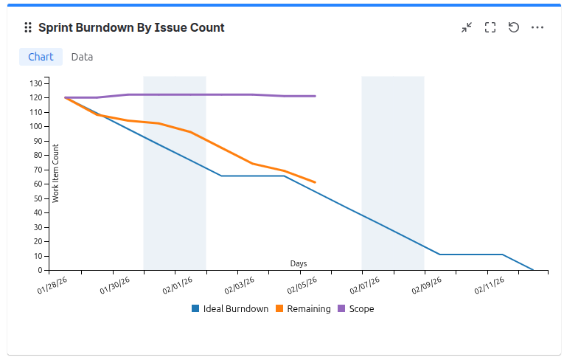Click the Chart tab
[x=41, y=57]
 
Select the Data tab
[x=82, y=57]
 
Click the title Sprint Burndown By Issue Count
[x=131, y=27]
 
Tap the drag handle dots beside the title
[x=28, y=27]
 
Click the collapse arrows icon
[x=467, y=27]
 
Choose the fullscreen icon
[x=490, y=27]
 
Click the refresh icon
[x=514, y=27]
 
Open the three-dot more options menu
[x=537, y=27]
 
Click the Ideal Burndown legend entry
[x=230, y=309]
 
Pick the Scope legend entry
[x=355, y=309]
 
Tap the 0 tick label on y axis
[x=41, y=270]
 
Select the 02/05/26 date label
[x=303, y=285]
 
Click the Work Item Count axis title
[x=56, y=173]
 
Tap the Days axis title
[x=299, y=263]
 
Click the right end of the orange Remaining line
[x=315, y=181]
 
